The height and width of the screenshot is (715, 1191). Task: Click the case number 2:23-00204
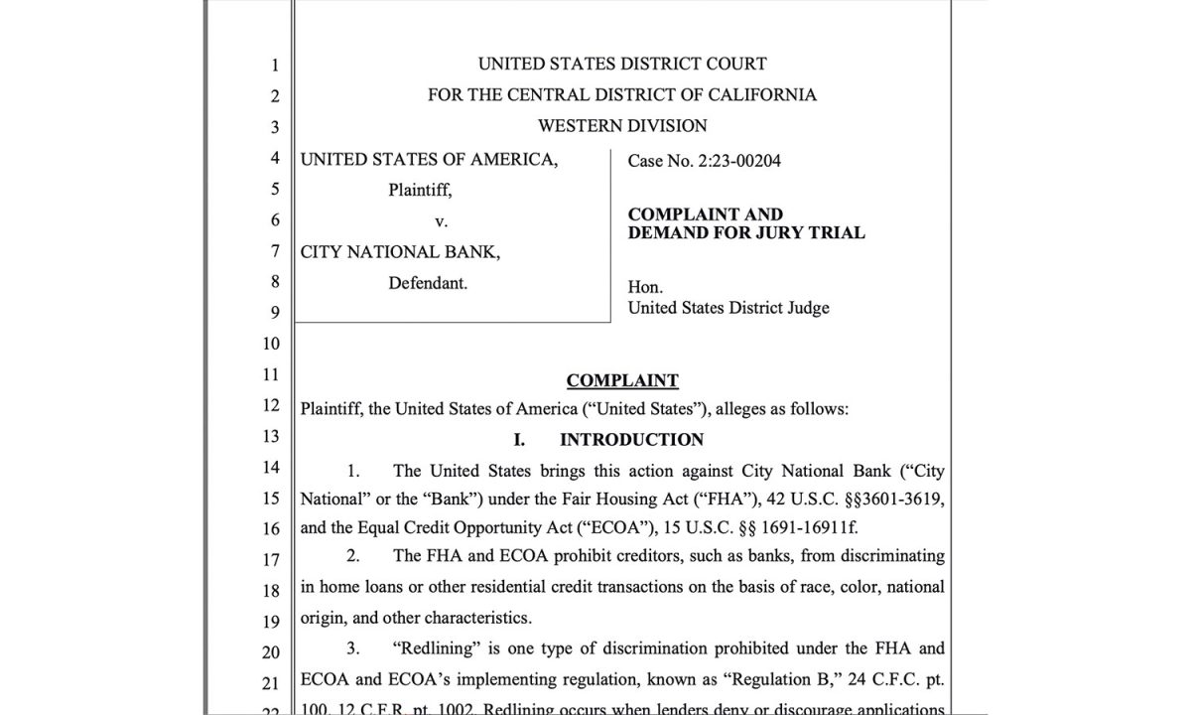(x=737, y=160)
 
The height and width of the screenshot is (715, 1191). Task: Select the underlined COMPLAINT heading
(x=622, y=380)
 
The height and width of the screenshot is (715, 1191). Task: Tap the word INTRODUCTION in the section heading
(x=631, y=439)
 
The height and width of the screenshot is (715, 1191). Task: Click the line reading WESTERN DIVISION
(x=622, y=126)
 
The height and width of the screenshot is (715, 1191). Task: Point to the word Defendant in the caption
(x=428, y=282)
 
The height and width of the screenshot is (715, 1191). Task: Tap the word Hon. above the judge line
(x=645, y=288)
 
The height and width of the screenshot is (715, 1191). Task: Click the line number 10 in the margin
(x=271, y=345)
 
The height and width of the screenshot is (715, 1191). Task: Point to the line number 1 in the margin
(x=275, y=67)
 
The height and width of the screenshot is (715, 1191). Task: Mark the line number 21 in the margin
(x=271, y=684)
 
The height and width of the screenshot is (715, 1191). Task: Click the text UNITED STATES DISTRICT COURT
(x=622, y=64)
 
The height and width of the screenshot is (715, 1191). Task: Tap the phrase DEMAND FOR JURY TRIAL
(x=746, y=233)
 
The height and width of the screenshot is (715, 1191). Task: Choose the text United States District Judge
(x=728, y=308)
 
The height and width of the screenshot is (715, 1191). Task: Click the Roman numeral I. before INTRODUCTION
(x=519, y=439)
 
